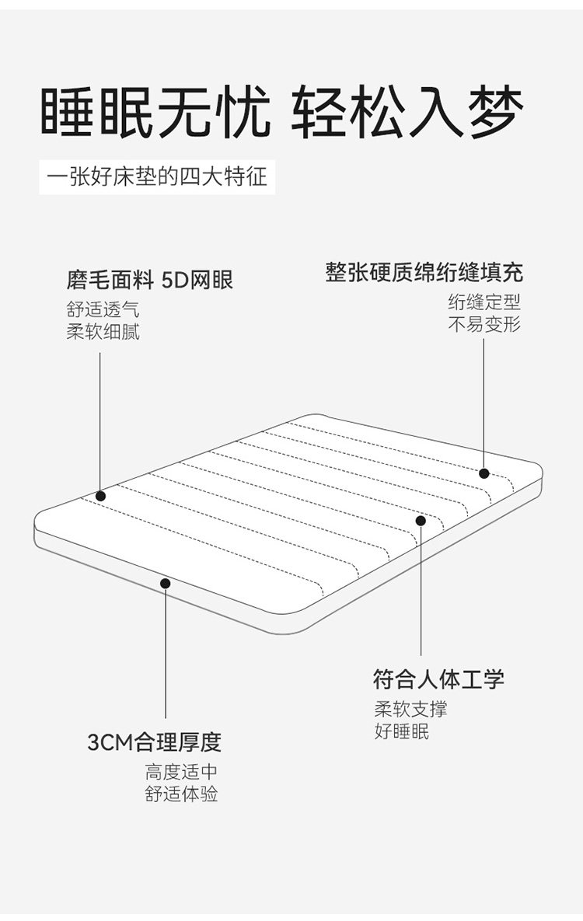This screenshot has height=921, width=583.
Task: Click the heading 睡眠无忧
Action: pos(155,114)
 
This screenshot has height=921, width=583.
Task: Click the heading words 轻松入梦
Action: pos(407,114)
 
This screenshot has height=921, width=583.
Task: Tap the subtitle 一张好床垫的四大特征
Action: pos(157,177)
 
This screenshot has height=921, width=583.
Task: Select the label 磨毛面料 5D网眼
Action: pos(150,280)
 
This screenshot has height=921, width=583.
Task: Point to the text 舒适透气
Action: pos(103,310)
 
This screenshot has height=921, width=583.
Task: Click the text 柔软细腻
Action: pos(103,332)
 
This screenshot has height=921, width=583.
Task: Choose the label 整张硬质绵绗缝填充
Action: pos(424,272)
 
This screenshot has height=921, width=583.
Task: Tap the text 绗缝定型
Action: pos(484,302)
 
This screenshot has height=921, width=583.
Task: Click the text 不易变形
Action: pos(484,323)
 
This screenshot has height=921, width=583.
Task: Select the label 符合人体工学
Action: pos(438,679)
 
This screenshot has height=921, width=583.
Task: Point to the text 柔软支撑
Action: pos(410,709)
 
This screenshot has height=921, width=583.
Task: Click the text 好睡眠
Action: pos(401,731)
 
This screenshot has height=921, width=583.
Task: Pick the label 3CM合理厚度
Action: pos(154,742)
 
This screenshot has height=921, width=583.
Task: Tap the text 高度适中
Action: pos(181,773)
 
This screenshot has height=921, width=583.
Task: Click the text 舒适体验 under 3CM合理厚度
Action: pos(181,794)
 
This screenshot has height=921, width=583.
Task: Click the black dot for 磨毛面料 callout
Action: pos(100,496)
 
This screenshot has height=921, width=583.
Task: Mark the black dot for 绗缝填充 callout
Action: pos(484,473)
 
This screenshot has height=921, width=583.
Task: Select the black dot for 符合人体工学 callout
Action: pos(421,520)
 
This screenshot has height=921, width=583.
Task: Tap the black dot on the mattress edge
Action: pos(165,583)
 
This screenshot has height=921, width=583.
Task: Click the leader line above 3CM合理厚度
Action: pos(165,653)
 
